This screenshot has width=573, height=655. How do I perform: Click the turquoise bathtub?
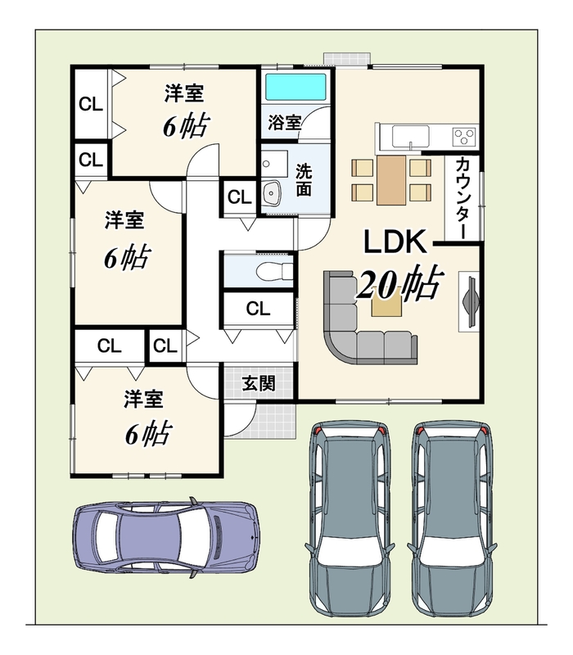coord(296,87)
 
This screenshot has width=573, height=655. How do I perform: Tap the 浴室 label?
coord(284,122)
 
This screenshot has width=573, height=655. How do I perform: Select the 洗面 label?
coord(304,180)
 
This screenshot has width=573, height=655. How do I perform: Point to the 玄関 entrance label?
coord(259,383)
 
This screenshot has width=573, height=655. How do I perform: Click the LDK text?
coord(395,242)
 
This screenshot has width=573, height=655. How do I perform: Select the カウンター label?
coord(462,198)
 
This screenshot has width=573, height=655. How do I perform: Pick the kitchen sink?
coord(411,137)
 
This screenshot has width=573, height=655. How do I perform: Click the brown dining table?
coord(391,180)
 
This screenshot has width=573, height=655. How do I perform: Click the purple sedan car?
coord(166,538)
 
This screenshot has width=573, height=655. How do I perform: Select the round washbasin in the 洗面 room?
coord(273,193)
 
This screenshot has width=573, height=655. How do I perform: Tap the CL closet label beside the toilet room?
coord(258,309)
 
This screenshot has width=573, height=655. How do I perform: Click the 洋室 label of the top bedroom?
coord(183,93)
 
